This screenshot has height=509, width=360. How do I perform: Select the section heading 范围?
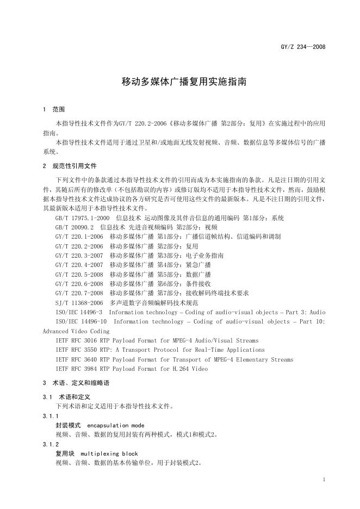point(58,109)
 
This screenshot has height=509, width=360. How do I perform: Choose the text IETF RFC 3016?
point(76,340)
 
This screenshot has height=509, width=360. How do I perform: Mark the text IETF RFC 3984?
point(76,369)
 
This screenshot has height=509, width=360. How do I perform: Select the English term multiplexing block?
point(109,453)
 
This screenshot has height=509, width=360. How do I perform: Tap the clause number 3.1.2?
point(49,444)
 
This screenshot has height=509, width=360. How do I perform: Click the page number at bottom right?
point(324,480)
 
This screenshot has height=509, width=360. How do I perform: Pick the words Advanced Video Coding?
point(76,331)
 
